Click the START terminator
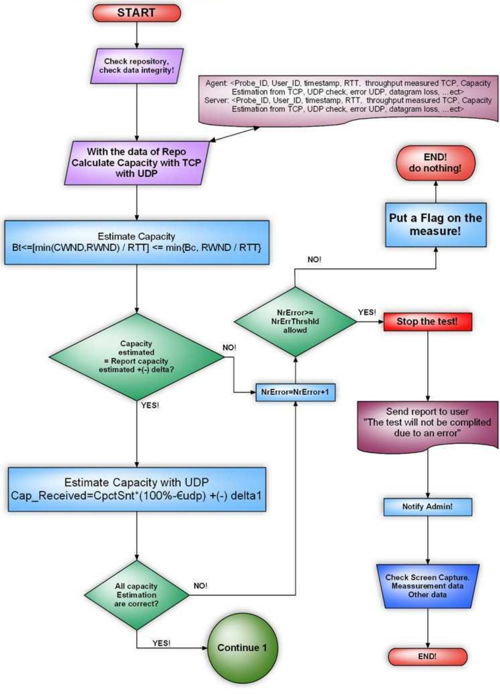(x=137, y=13)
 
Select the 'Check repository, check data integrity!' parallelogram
(x=137, y=66)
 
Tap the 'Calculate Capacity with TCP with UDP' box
(x=137, y=163)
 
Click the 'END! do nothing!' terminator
(x=435, y=163)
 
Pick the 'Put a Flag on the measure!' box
(x=435, y=225)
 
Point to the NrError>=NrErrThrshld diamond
(x=295, y=321)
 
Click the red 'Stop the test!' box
(x=427, y=321)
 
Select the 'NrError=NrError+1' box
(x=295, y=392)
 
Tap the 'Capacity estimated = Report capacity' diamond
(x=137, y=357)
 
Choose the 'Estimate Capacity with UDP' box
(x=137, y=489)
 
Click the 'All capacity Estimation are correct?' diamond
(x=137, y=595)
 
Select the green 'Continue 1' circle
(x=242, y=647)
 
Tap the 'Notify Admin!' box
(x=427, y=507)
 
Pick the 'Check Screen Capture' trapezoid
(x=427, y=586)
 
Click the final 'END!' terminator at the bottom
(x=427, y=656)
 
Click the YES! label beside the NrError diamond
(x=367, y=312)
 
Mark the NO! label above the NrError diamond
(x=314, y=260)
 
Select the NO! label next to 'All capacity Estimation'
(x=200, y=586)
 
